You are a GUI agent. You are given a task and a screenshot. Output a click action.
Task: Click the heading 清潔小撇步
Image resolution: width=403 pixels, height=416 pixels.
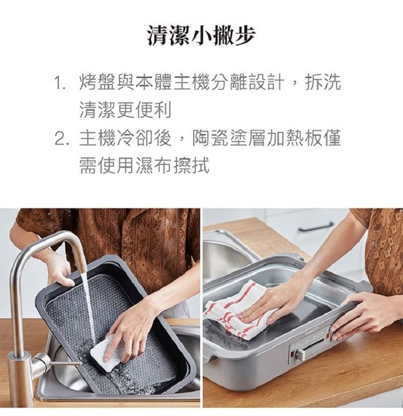pyautogui.click(x=201, y=35)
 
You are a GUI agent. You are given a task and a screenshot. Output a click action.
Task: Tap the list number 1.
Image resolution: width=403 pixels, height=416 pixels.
pyautogui.click(x=60, y=82)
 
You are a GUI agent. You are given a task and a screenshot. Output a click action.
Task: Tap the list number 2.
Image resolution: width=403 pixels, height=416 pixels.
pyautogui.click(x=61, y=138)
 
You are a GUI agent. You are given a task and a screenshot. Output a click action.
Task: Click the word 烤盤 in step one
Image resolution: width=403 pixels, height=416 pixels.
pyautogui.click(x=97, y=82)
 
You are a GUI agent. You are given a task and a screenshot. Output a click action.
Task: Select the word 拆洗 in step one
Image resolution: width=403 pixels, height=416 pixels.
pyautogui.click(x=323, y=82)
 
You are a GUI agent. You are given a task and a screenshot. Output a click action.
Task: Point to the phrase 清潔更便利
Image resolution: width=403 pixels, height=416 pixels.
pyautogui.click(x=125, y=110)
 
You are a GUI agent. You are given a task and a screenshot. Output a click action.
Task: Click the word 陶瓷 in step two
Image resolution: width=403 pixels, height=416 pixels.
pyautogui.click(x=210, y=138)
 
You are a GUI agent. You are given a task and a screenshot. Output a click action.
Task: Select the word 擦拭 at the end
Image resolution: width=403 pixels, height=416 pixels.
pyautogui.click(x=191, y=166)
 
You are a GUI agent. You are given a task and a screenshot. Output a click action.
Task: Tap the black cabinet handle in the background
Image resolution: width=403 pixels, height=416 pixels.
pyautogui.click(x=315, y=227)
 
